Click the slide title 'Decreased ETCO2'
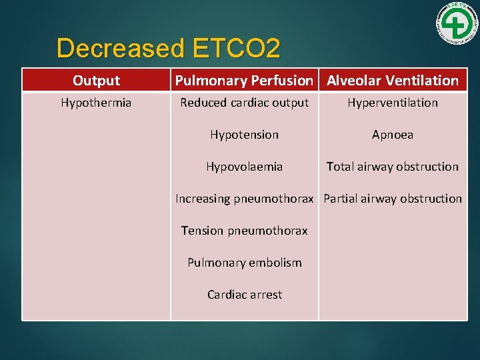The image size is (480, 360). [169, 48]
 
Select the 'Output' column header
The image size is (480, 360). [96, 81]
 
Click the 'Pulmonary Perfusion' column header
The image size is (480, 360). [244, 81]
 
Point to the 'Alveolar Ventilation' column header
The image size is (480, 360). [392, 81]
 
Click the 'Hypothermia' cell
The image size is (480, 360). [96, 103]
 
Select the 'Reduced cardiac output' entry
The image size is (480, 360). [244, 103]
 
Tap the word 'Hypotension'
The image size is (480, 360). [244, 135]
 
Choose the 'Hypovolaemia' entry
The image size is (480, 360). [244, 167]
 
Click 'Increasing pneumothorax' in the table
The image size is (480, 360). [245, 199]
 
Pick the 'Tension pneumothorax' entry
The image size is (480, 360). [244, 231]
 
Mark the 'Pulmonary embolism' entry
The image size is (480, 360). [244, 263]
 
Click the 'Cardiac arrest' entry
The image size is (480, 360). [244, 295]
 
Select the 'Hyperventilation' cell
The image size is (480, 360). [392, 103]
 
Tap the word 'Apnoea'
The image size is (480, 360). [392, 135]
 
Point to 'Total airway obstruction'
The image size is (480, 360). [392, 167]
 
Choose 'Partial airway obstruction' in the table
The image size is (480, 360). [393, 199]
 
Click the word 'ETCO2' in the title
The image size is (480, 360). [236, 48]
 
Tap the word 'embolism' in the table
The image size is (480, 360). [276, 263]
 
